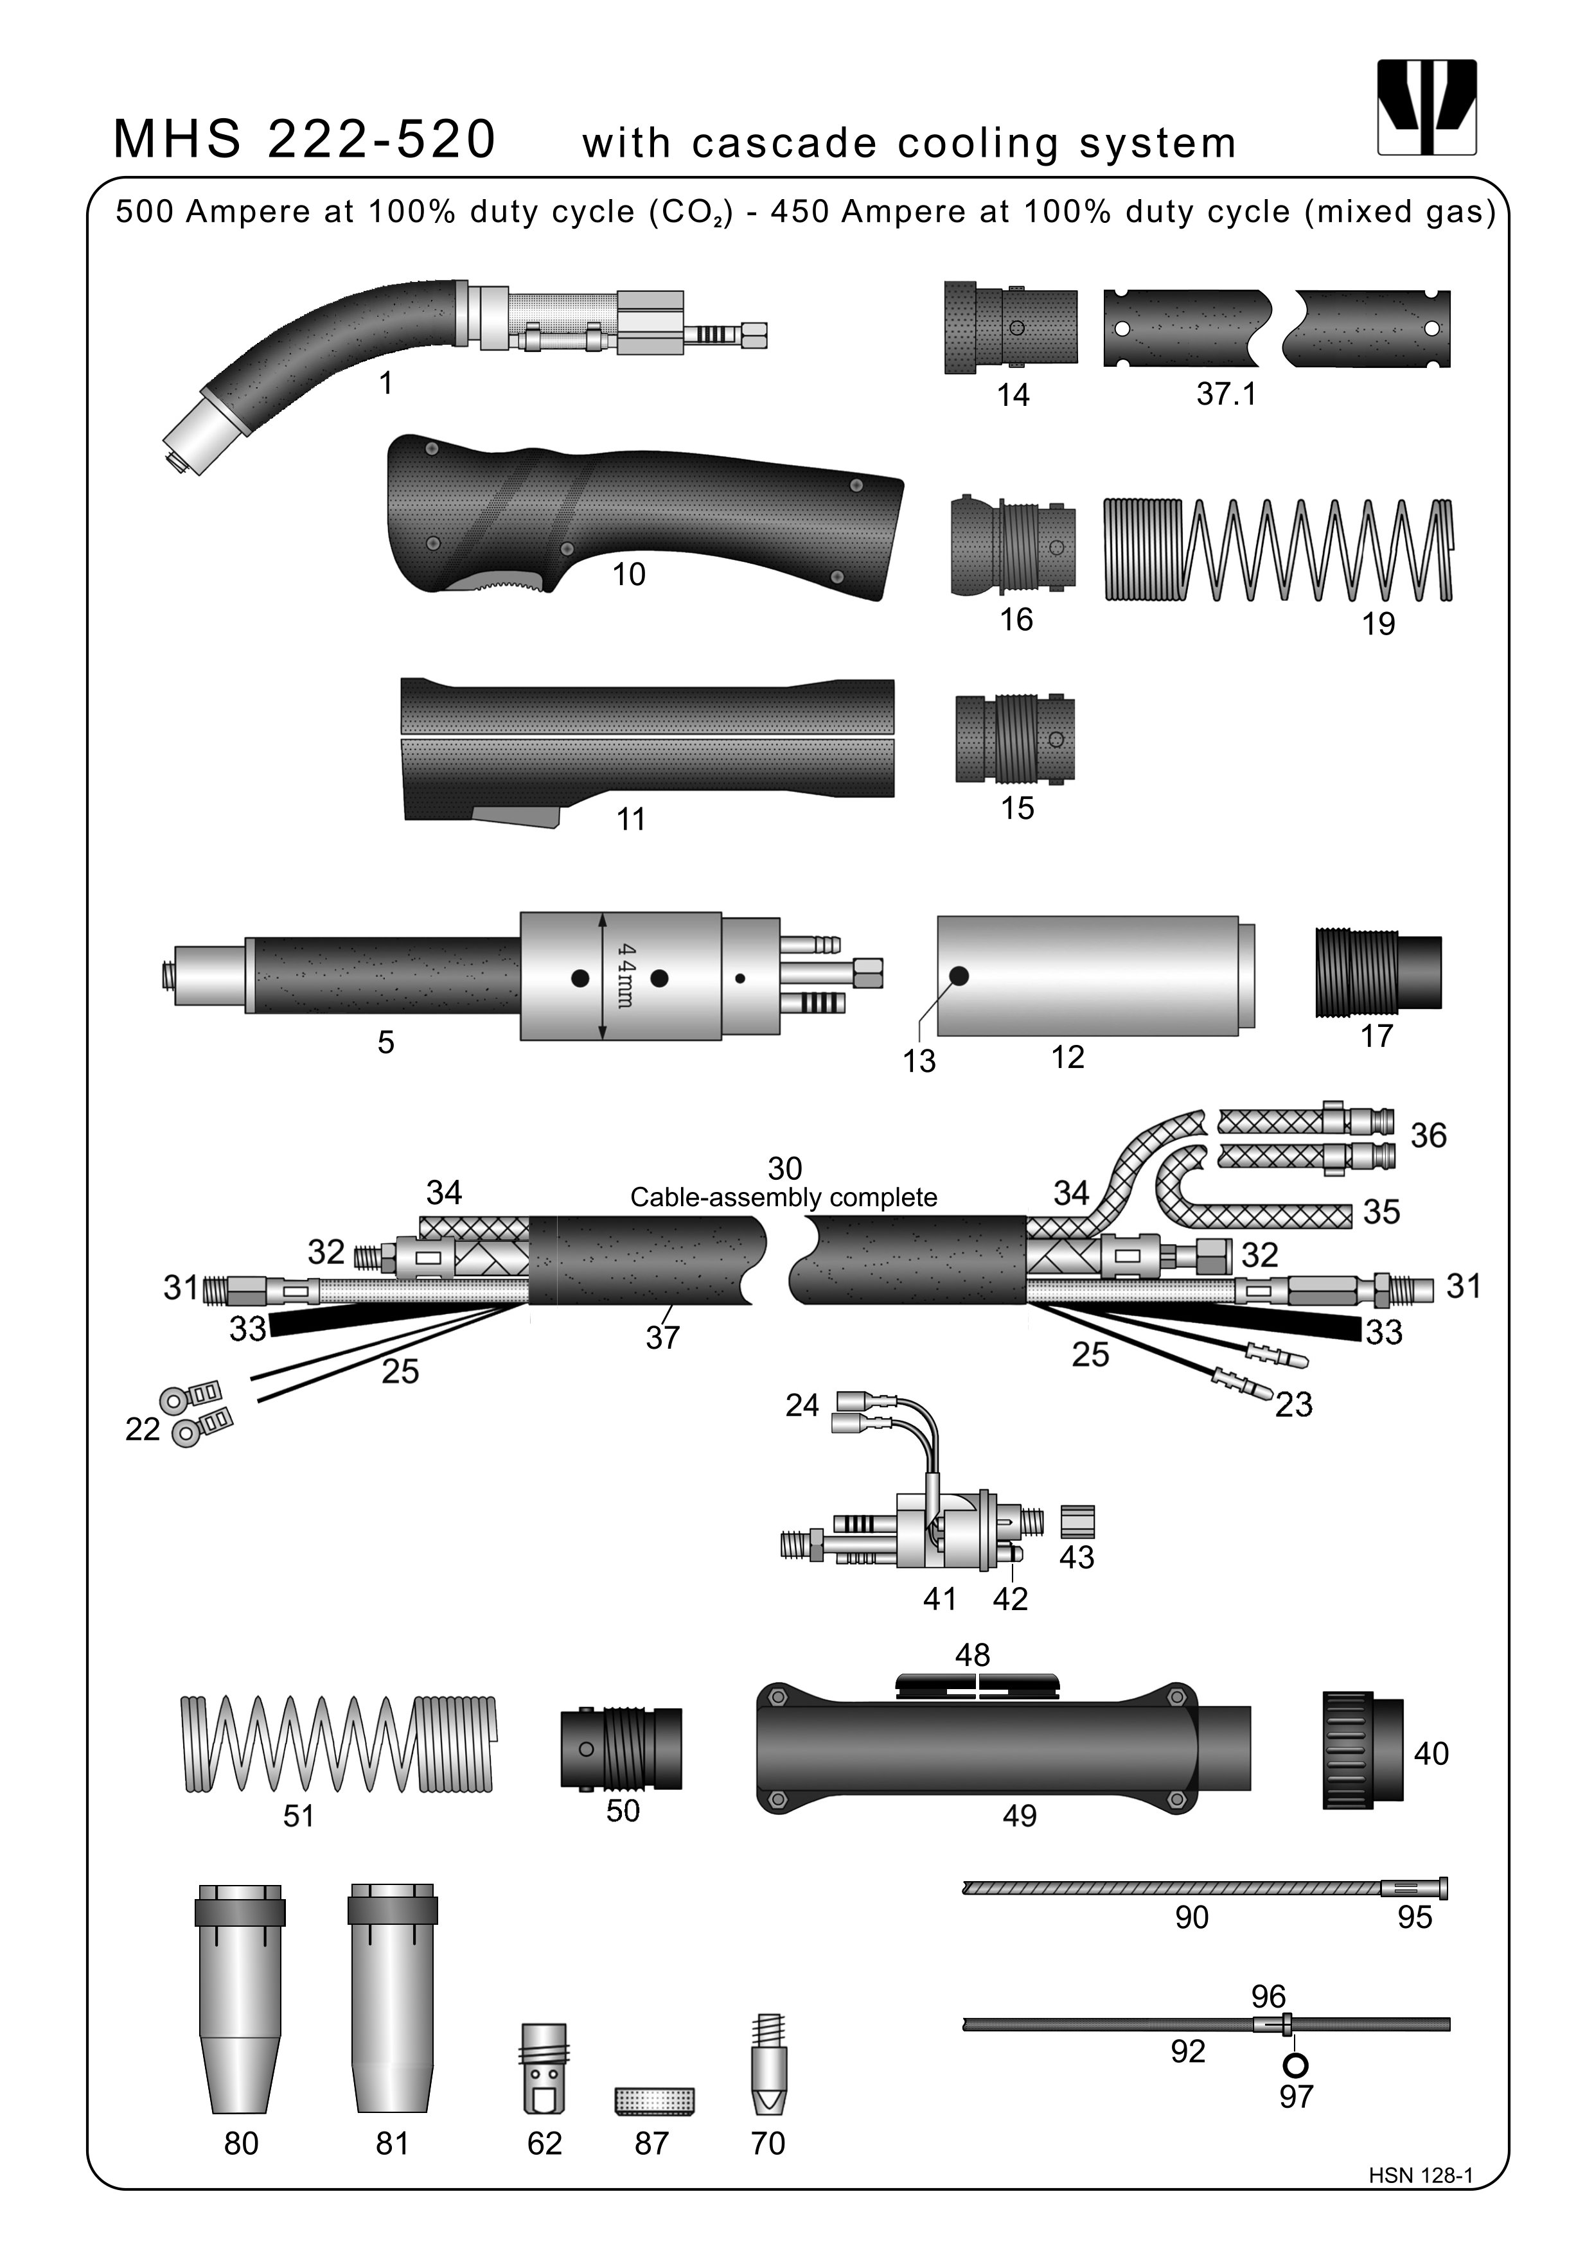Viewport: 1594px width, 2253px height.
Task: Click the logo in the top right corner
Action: click(x=1426, y=107)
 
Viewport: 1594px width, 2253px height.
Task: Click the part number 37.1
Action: click(x=1226, y=394)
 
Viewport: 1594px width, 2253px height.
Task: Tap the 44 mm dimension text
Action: click(x=625, y=976)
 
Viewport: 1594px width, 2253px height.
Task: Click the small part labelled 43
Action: click(x=1077, y=1521)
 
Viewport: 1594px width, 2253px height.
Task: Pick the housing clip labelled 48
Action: click(x=978, y=1686)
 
